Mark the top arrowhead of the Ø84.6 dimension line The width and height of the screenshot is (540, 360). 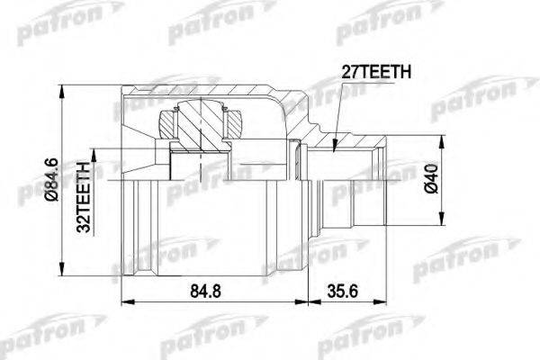click(60, 92)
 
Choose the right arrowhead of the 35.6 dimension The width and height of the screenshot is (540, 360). click(385, 301)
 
